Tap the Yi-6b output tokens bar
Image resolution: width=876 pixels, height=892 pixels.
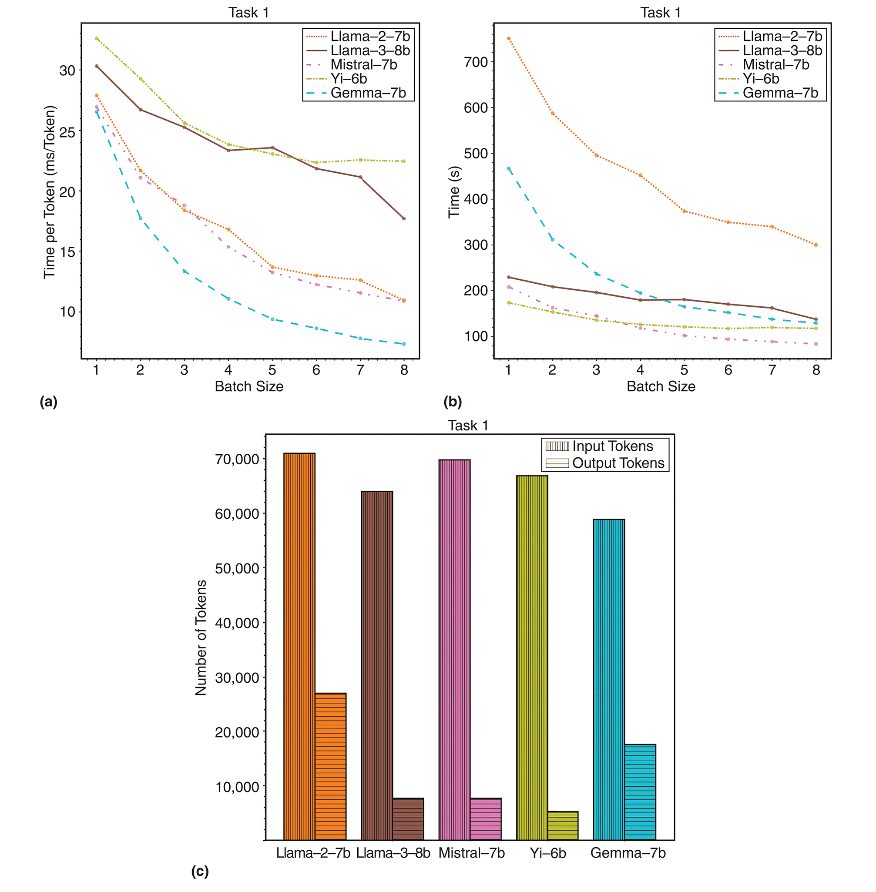563,825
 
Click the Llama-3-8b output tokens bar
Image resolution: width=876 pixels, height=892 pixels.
408,819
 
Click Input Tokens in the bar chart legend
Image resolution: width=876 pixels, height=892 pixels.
612,446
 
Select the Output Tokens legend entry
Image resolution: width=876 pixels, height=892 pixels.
618,463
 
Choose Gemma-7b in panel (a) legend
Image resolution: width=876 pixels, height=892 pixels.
368,93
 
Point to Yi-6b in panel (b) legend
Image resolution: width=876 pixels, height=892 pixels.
761,79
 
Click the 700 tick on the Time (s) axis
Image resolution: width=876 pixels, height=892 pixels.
476,62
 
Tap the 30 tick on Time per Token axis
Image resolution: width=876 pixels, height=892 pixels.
67,70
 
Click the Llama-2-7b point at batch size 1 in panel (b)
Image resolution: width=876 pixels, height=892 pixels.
508,38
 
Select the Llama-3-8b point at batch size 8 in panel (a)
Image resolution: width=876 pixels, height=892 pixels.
404,218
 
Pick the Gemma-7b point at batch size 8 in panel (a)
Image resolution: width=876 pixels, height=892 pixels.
404,344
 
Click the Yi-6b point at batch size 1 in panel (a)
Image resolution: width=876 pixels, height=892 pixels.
97,38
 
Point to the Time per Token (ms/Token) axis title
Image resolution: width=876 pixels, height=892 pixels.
50,192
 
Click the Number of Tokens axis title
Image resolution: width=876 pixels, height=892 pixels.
201,637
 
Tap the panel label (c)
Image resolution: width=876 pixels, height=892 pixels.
200,871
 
